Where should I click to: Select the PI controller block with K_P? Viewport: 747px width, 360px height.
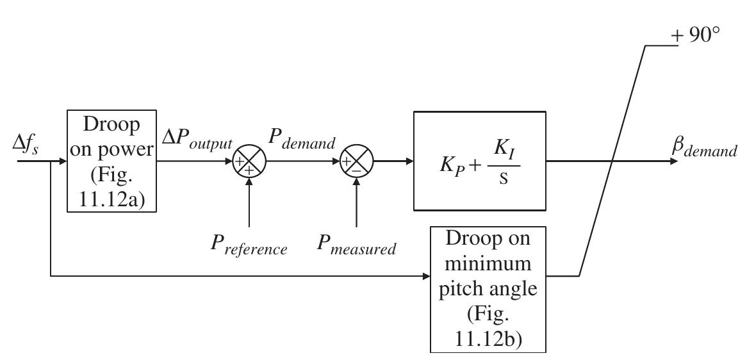[x=479, y=161]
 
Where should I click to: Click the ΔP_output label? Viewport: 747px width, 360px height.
[x=195, y=144]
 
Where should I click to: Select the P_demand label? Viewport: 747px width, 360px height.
[x=302, y=144]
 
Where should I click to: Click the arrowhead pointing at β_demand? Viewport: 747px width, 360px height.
[x=673, y=161]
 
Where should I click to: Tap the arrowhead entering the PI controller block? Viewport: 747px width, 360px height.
[x=409, y=161]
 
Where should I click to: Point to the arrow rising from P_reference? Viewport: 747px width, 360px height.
[x=249, y=205]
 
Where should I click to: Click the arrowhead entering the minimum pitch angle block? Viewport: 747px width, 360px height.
[x=425, y=277]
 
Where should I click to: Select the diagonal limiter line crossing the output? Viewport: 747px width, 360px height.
[x=612, y=161]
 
